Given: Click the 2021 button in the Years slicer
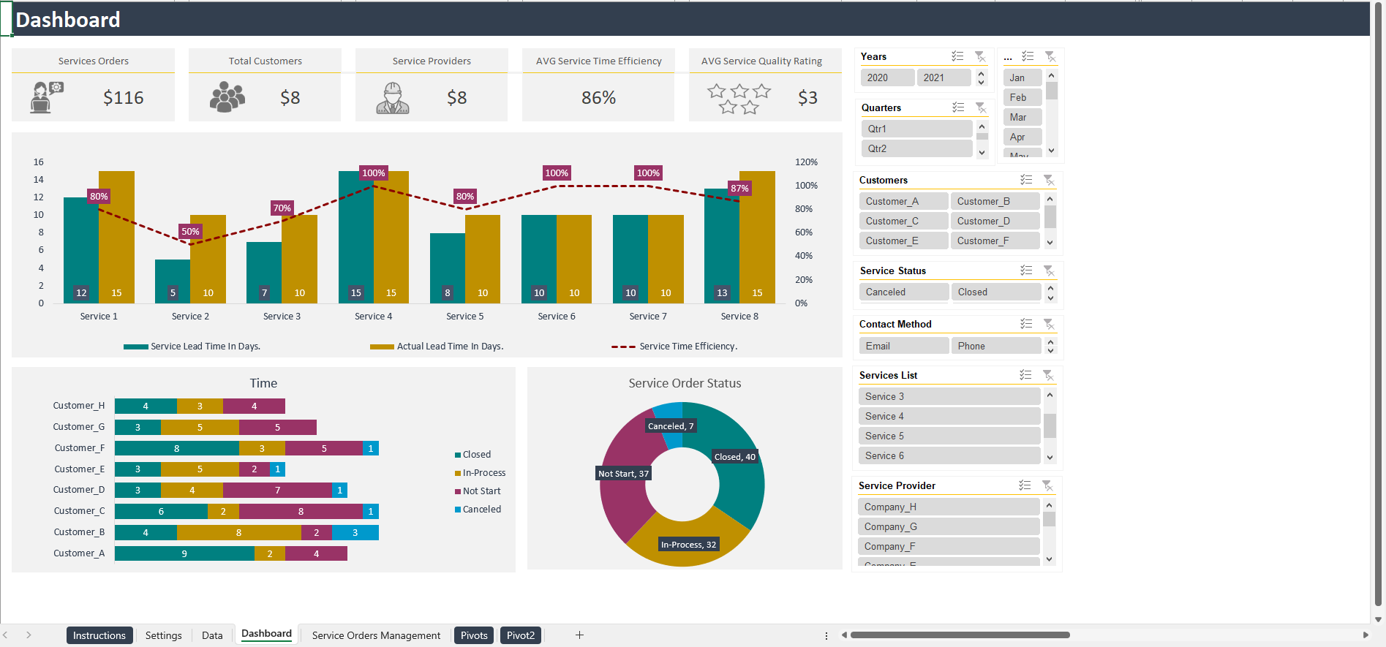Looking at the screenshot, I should click(943, 77).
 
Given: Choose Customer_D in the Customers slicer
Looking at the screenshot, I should click(994, 221).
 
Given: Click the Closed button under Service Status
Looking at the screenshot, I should click(995, 292).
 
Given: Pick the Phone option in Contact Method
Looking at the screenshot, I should click(995, 346).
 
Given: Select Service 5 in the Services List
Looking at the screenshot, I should click(949, 436).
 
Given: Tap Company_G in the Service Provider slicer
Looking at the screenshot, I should click(948, 526).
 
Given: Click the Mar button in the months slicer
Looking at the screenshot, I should click(1021, 117).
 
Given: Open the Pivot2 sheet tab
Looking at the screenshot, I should click(520, 635).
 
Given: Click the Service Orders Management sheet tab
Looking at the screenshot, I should click(376, 635).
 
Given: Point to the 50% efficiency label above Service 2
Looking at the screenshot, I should click(190, 232).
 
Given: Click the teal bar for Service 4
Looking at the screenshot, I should click(355, 234).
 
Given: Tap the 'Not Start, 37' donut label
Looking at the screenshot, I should click(623, 474).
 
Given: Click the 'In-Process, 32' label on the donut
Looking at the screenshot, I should click(688, 545).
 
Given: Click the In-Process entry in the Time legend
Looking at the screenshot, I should click(483, 473).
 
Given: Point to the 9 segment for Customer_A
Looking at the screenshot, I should click(184, 553).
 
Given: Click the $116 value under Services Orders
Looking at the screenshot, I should click(123, 98).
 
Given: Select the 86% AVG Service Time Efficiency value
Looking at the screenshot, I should click(598, 98).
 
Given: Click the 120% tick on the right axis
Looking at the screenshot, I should click(806, 162).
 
